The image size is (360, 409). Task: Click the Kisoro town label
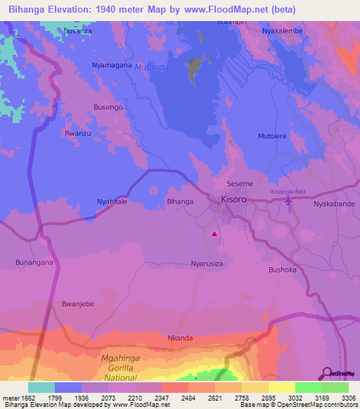(x=234, y=200)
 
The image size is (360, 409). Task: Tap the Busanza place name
(x=78, y=32)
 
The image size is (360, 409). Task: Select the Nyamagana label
(x=112, y=65)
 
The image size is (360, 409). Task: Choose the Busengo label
(x=108, y=107)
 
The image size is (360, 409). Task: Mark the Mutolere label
(x=274, y=136)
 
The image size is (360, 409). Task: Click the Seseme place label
(x=240, y=183)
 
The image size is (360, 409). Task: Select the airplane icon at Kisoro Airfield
(x=288, y=202)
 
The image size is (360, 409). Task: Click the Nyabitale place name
(x=112, y=202)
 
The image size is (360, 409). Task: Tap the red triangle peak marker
(x=214, y=233)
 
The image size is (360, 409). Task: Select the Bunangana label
(x=34, y=262)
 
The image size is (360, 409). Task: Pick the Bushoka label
(x=284, y=269)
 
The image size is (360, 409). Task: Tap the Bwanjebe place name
(x=78, y=304)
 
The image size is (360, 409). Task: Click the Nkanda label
(x=180, y=338)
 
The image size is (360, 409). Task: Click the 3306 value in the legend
(x=347, y=398)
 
